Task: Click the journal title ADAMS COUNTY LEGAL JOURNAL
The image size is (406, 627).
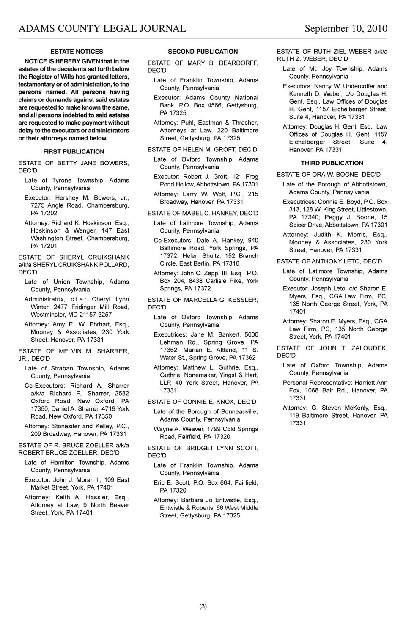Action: coord(102,29)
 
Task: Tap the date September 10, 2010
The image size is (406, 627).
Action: coord(346,29)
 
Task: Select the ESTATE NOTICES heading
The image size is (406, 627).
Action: coord(77,52)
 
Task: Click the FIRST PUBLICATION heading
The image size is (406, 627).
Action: coord(74,152)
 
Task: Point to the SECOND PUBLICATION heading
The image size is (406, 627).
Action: coord(203,52)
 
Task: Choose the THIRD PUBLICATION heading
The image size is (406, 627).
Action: coord(332,163)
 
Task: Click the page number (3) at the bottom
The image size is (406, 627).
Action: coord(203,606)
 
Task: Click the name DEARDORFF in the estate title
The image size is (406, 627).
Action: coord(239,63)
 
